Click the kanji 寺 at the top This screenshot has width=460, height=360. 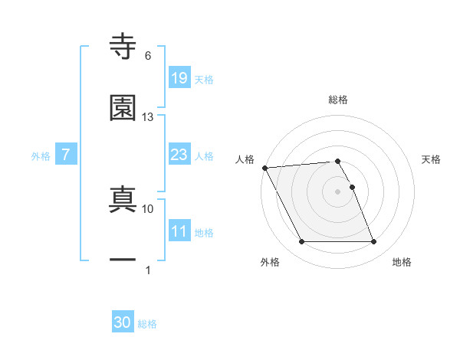pos(123,47)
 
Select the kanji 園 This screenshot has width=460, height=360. pos(123,108)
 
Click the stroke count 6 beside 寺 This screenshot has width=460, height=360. pos(148,55)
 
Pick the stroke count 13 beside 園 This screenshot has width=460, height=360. pos(148,117)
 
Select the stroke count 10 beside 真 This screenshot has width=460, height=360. pos(148,208)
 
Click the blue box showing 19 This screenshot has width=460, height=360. pos(179,78)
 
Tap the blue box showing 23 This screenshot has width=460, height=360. pos(179,155)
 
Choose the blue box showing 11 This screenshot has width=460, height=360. pos(179,231)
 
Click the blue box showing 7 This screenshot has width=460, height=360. pos(67,155)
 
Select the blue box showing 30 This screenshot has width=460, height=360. pos(123,323)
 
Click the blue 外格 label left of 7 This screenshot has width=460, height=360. pos(41,156)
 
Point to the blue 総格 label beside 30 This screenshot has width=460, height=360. pos(147,324)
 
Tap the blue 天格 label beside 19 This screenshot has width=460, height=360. pos(204,79)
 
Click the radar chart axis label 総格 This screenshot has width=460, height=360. pos(338,100)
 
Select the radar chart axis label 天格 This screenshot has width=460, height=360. pos(432,159)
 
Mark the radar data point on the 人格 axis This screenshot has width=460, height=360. pos(264,168)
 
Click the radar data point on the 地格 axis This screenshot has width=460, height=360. pos(373,242)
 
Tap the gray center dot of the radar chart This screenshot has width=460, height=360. pos(338,191)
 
